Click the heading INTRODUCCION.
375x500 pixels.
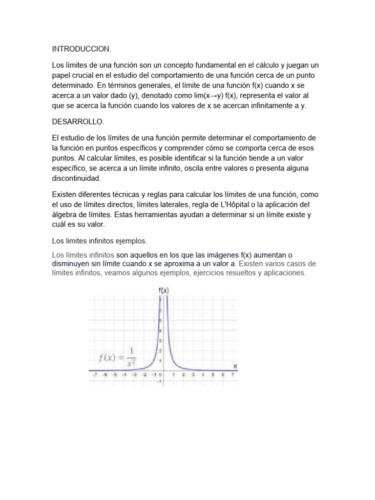click(82, 49)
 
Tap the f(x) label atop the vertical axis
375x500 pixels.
click(164, 290)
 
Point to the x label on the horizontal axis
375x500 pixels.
click(235, 366)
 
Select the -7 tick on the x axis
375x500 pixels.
click(93, 375)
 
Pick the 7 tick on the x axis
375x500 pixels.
click(233, 375)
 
